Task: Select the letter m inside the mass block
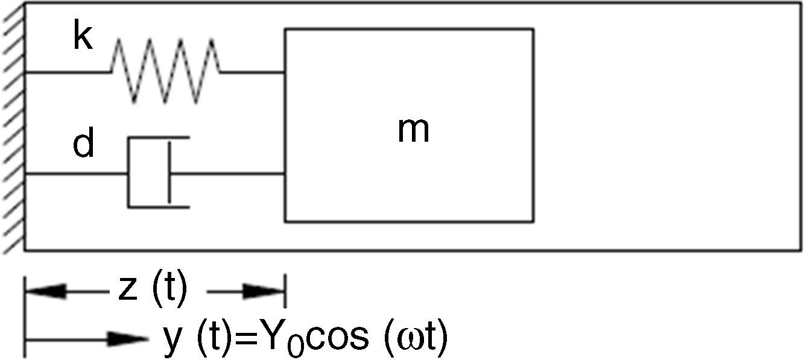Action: pyautogui.click(x=413, y=130)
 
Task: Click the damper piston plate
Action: pyautogui.click(x=169, y=173)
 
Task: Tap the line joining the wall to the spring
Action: pyautogui.click(x=66, y=72)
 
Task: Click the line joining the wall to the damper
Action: pyautogui.click(x=75, y=174)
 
